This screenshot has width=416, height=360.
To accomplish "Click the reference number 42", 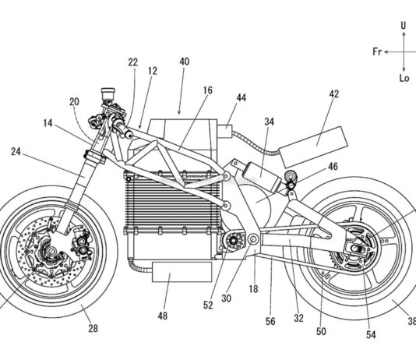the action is (x=334, y=94).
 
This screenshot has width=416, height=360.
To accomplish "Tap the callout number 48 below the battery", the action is (x=163, y=316).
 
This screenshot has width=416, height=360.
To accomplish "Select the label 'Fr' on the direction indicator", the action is (x=377, y=51).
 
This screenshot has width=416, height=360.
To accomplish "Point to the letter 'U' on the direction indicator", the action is (x=404, y=26).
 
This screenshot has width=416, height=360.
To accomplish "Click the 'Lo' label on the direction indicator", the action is (x=404, y=78).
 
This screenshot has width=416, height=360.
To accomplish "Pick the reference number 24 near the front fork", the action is (x=16, y=152).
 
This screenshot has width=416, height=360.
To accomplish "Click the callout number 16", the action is (x=208, y=90).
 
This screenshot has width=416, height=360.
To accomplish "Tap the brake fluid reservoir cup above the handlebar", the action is (x=108, y=94).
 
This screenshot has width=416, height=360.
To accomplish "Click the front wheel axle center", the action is (x=51, y=250).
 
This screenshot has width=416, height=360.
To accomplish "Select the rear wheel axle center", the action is (x=355, y=249).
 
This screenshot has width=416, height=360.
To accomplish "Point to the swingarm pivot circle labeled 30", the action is (x=253, y=240).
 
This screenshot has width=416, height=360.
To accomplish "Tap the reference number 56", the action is (x=270, y=321).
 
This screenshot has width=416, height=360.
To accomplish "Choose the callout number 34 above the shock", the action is (x=270, y=122).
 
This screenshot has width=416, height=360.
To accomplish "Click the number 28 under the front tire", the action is (x=93, y=328).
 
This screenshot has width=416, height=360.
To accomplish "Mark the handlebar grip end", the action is (x=129, y=135).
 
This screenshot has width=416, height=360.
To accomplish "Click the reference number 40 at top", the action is (x=185, y=62).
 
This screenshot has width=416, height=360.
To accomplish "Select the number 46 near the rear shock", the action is (x=333, y=167).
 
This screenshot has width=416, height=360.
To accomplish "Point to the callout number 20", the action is (x=74, y=101).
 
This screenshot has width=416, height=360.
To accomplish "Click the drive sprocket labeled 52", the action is (x=234, y=241).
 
